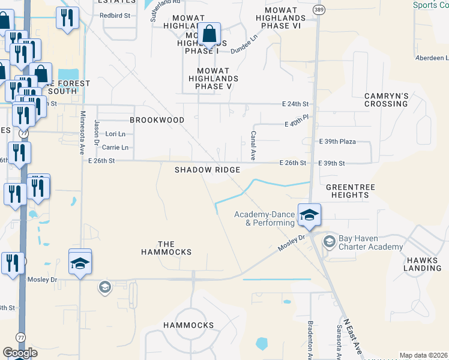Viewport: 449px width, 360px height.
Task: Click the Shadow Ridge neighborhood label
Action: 207,170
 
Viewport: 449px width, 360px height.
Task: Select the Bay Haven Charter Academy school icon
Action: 329,242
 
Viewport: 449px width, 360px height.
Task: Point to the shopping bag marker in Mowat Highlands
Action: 209,35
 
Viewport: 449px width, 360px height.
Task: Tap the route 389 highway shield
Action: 318,10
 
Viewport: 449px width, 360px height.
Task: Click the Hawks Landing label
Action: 423,264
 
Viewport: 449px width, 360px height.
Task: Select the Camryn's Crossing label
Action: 386,100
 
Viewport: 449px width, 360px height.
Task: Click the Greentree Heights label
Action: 350,191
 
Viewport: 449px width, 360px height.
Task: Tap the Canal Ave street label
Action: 253,146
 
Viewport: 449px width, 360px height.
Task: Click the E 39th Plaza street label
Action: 337,142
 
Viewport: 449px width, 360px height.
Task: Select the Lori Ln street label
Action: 115,134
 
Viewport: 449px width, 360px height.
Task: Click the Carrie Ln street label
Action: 115,147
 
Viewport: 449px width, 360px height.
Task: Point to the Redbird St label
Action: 115,14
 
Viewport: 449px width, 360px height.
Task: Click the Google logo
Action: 20,353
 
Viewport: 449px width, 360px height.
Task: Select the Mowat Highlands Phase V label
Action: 214,79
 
